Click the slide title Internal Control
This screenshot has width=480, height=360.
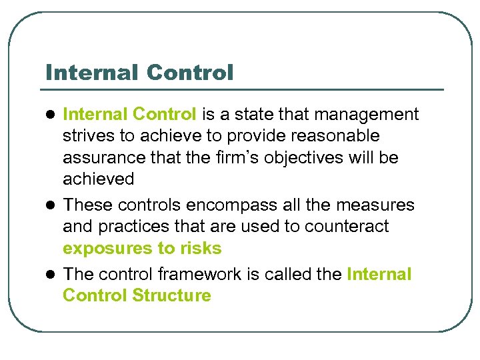click(x=140, y=72)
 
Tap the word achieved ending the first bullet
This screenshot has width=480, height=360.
click(x=98, y=179)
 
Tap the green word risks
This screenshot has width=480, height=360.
click(x=201, y=249)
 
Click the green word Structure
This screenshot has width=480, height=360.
click(x=171, y=295)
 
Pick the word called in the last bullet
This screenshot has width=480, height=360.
click(x=289, y=274)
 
